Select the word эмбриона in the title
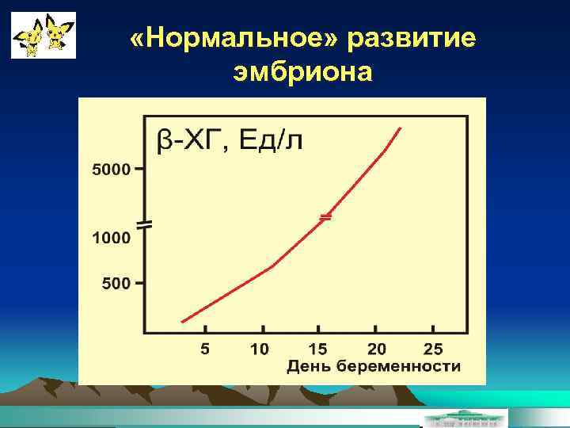click(x=302, y=73)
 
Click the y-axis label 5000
click(x=111, y=170)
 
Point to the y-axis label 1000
click(x=111, y=237)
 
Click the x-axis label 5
click(x=205, y=349)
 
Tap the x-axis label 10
click(x=260, y=349)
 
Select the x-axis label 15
click(x=317, y=349)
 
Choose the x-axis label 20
click(x=376, y=349)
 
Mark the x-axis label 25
click(x=433, y=349)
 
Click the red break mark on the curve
click(x=325, y=216)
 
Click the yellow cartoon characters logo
click(x=44, y=35)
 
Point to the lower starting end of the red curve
click(x=183, y=321)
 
